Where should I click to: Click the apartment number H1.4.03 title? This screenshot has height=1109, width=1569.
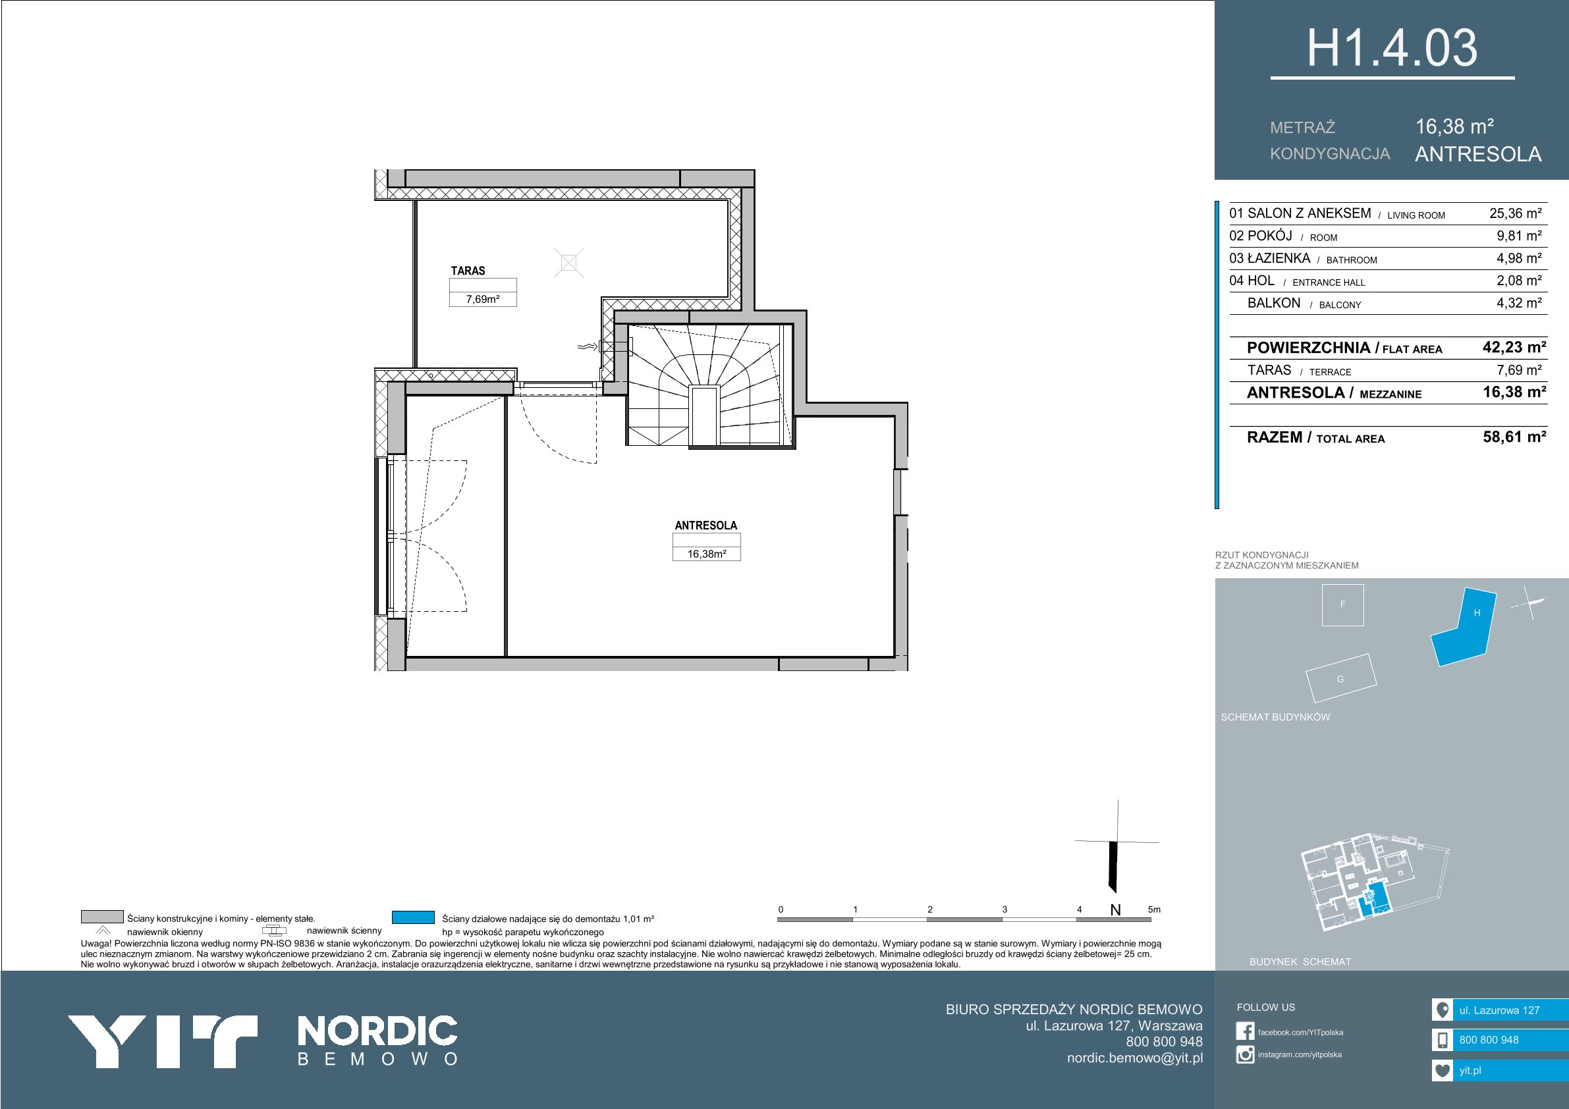[x=1392, y=49]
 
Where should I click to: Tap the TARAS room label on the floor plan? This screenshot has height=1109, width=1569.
[x=468, y=271]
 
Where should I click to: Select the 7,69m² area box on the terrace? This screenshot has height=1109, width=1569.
[x=482, y=298]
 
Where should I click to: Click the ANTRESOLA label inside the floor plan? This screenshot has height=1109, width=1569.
[x=706, y=526]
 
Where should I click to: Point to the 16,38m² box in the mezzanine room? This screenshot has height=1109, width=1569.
[x=707, y=553]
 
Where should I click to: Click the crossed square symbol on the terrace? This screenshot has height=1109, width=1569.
[x=568, y=262]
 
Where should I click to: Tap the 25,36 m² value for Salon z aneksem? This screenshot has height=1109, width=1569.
[x=1515, y=213]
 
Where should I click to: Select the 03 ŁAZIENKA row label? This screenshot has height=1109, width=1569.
[x=1269, y=258]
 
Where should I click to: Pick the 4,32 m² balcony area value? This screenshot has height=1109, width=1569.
[x=1519, y=303]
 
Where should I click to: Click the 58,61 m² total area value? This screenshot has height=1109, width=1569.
[x=1514, y=437]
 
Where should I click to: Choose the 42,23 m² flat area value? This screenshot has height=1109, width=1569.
[x=1514, y=347]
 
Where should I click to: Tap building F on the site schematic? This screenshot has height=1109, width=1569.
[x=1343, y=605]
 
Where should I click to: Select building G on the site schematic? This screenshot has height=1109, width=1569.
[x=1340, y=678]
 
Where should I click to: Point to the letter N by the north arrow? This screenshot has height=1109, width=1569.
[x=1115, y=910]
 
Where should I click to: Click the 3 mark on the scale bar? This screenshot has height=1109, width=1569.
[x=1005, y=909]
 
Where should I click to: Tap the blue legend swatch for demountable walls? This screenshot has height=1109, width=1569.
[x=414, y=917]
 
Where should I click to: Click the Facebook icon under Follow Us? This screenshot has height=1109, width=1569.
[x=1245, y=1031]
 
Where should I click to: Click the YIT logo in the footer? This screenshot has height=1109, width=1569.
[x=162, y=1041]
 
